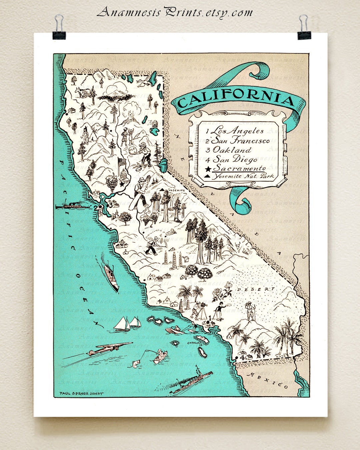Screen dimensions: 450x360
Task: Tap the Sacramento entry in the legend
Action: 239,168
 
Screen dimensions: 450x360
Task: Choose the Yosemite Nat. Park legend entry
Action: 243,176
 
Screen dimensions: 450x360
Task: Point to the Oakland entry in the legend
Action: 232,150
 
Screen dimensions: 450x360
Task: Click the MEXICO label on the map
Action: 267,380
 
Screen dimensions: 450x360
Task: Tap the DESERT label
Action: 256,289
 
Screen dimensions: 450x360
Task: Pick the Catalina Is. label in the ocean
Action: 195,343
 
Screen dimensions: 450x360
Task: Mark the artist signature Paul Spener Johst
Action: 81,393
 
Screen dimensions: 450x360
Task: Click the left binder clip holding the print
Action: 59,29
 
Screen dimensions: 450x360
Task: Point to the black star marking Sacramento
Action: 122,184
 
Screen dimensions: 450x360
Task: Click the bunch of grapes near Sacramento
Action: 112,182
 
